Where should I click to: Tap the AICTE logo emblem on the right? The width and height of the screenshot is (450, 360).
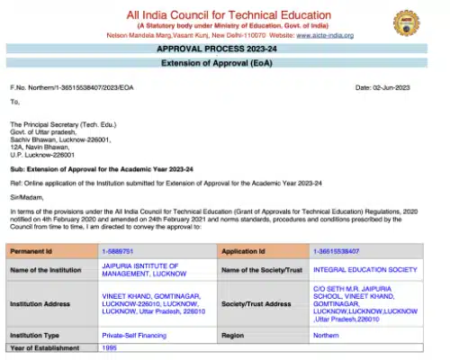pyautogui.click(x=407, y=22)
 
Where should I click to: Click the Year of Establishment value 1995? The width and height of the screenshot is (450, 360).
pyautogui.click(x=109, y=346)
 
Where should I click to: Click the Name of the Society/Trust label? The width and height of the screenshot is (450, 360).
pyautogui.click(x=262, y=269)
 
